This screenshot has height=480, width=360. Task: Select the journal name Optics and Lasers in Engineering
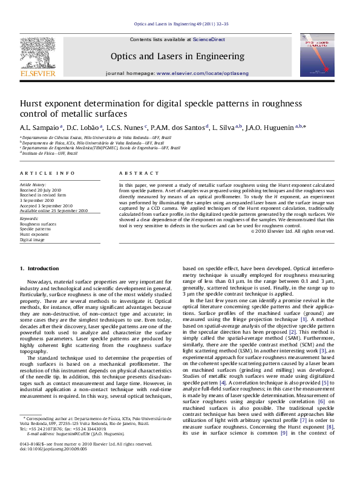180,57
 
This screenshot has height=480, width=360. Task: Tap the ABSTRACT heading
134,173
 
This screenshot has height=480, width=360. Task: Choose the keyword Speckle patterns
35,229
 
